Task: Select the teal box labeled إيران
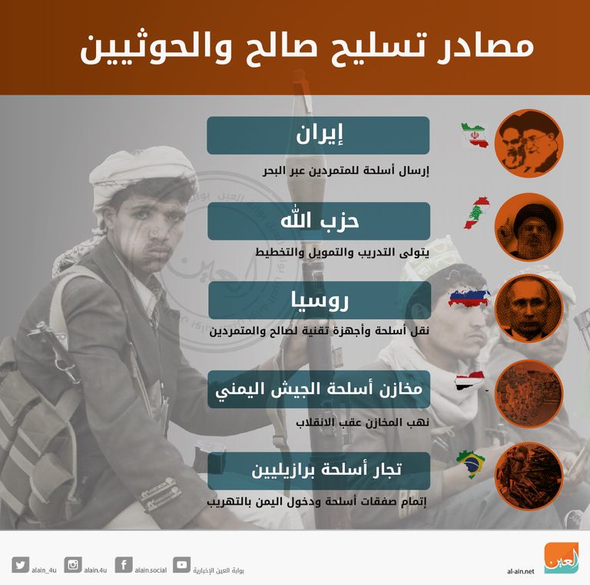(317, 135)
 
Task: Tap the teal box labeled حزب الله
(317, 221)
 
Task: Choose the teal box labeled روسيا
(317, 301)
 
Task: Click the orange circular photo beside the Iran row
(529, 144)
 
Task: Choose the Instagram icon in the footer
(74, 565)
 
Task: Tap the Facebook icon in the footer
(124, 565)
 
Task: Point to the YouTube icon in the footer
(182, 565)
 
